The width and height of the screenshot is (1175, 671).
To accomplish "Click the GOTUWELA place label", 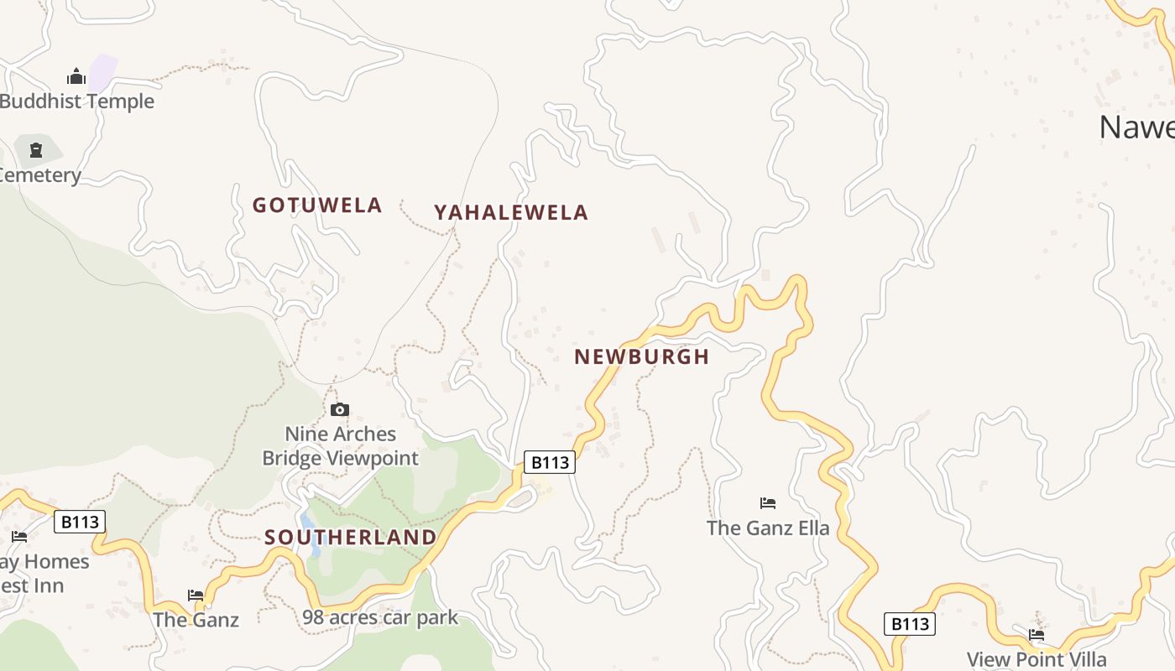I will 317,205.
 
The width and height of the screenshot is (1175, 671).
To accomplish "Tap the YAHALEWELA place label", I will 510,213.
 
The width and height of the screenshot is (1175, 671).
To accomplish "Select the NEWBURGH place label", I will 642,356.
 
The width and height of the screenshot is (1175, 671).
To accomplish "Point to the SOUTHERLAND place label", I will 351,537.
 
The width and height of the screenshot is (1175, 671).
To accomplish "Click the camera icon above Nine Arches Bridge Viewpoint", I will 340,409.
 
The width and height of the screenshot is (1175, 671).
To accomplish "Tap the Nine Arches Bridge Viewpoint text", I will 340,446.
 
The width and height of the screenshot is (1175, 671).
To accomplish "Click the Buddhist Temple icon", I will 76,77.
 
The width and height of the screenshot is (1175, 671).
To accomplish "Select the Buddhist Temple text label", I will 77,101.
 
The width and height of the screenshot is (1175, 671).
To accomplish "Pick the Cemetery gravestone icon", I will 36,150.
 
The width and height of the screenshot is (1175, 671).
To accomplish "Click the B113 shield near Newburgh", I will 550,462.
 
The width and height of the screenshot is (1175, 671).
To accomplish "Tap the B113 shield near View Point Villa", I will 910,624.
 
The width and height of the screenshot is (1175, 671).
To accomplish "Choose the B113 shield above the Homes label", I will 81,522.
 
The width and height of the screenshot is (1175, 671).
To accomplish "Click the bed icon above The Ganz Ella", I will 768,503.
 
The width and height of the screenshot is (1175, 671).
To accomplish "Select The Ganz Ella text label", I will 768,528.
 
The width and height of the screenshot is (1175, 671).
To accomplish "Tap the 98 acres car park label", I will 380,618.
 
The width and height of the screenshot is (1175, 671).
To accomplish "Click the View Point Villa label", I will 1037,659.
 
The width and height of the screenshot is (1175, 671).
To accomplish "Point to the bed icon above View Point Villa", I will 1037,635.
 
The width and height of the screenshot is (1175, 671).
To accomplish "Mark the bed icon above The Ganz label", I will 196,596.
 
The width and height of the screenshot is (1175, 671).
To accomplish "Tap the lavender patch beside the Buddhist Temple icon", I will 102,73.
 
